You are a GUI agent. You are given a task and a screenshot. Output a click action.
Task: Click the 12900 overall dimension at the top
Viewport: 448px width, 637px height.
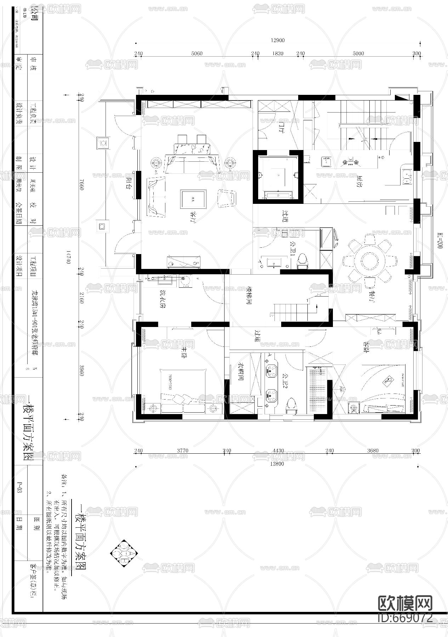point(278,40)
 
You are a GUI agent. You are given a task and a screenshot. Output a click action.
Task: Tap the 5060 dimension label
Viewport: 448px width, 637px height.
point(197,54)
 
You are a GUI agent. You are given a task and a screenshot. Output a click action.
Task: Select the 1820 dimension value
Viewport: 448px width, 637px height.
point(278,54)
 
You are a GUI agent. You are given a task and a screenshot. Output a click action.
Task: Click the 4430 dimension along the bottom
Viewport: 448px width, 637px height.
point(278,451)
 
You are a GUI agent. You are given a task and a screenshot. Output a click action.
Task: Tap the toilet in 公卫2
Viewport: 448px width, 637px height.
point(291,405)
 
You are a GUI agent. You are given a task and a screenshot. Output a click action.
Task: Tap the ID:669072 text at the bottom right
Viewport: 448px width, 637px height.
point(405,617)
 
